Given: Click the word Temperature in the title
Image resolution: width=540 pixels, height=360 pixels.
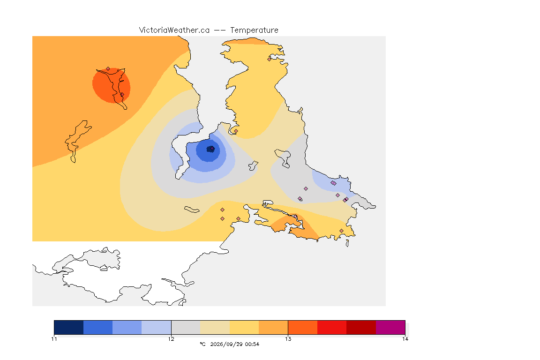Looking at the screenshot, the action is pyautogui.click(x=254, y=30).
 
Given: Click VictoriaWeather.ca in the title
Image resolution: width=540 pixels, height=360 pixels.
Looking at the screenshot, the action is pyautogui.click(x=174, y=30).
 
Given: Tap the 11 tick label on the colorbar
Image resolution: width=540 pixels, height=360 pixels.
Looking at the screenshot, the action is pyautogui.click(x=54, y=339).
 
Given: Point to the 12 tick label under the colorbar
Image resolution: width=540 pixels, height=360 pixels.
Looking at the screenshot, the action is pyautogui.click(x=171, y=339).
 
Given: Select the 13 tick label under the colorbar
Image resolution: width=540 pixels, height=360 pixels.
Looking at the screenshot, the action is pyautogui.click(x=288, y=339).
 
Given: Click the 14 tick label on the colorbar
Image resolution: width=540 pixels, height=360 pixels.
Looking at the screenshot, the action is pyautogui.click(x=405, y=339).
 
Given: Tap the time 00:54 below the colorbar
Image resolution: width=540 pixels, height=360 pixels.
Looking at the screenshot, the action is pyautogui.click(x=252, y=344).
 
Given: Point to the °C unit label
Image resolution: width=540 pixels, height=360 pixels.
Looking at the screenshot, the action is pyautogui.click(x=202, y=344).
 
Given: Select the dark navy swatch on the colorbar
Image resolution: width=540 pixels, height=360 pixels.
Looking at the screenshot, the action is pyautogui.click(x=69, y=327).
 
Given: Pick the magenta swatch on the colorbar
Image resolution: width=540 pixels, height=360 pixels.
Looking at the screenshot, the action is pyautogui.click(x=390, y=327).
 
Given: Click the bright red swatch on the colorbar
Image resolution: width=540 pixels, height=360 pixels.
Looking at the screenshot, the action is pyautogui.click(x=332, y=327).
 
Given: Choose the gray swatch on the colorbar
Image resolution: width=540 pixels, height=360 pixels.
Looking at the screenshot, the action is pyautogui.click(x=186, y=327).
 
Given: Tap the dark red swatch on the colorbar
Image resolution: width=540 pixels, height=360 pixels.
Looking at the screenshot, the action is pyautogui.click(x=361, y=327).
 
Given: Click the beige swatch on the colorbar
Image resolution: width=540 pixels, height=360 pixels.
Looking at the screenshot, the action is pyautogui.click(x=215, y=327).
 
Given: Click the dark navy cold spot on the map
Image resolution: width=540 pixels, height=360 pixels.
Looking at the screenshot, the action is pyautogui.click(x=210, y=149).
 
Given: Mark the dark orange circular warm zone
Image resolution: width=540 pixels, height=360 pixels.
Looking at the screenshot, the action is pyautogui.click(x=111, y=85).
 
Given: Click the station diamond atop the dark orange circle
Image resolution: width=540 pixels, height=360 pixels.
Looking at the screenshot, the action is pyautogui.click(x=108, y=69).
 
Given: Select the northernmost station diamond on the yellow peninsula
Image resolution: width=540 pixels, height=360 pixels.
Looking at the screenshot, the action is pyautogui.click(x=270, y=59).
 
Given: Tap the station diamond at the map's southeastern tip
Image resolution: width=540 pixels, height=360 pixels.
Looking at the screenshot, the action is pyautogui.click(x=341, y=231).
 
